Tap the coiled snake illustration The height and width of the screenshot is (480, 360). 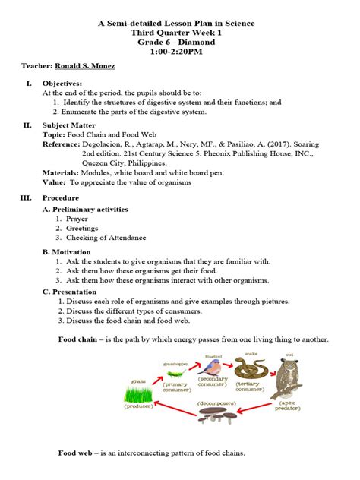click(x=248, y=368)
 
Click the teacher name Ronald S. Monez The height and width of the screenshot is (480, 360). click(x=86, y=66)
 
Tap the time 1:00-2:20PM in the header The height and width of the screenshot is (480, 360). click(x=179, y=53)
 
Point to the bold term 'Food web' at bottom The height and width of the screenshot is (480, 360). click(x=76, y=453)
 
